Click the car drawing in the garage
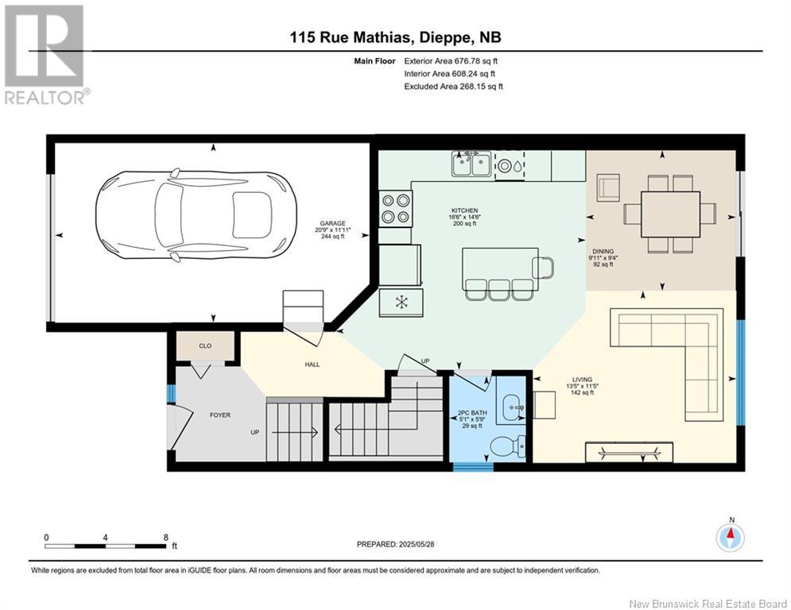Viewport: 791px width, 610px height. pos(196,215)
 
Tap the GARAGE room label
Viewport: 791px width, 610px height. pos(332,223)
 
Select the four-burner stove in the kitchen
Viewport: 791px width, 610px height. pos(396,209)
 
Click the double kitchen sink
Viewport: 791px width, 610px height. pos(471,164)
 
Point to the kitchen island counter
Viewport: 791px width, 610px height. pos(500,268)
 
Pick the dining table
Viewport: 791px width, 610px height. pos(670,214)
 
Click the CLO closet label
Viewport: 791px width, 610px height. pos(205,346)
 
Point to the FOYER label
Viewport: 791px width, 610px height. pos(220,415)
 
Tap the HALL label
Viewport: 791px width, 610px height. pos(312,365)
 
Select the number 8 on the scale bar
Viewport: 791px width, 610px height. pos(165,538)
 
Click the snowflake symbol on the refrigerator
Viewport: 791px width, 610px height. pos(401,302)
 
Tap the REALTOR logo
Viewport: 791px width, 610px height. pos(46,54)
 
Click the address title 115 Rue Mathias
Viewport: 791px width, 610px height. pos(352,37)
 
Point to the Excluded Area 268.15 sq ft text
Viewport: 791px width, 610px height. pos(453,87)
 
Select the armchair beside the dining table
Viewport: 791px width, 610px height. pos(608,187)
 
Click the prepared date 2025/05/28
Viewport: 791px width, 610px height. pos(417,544)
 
